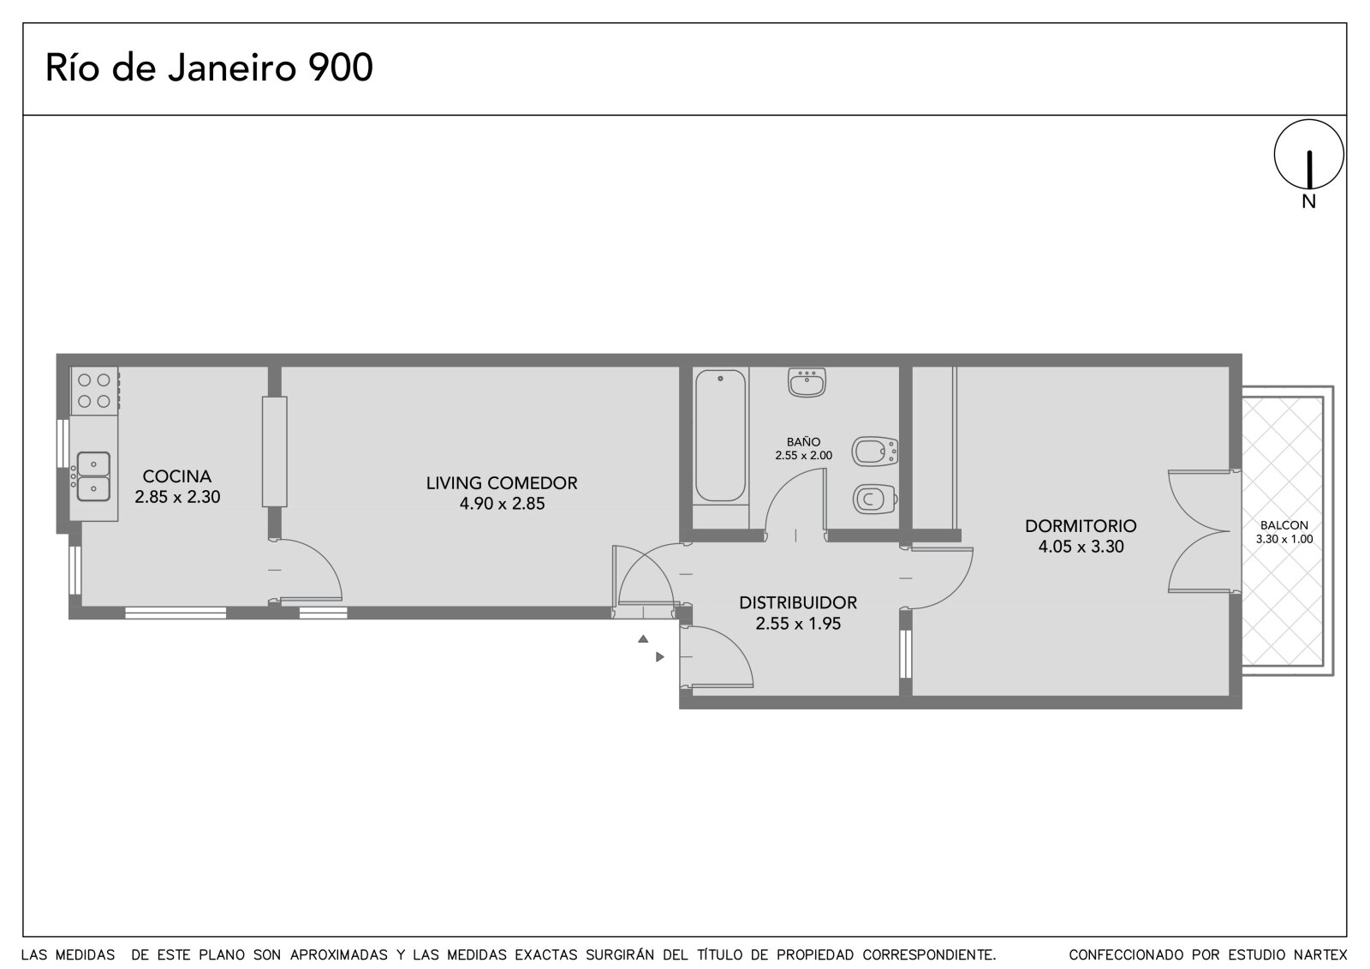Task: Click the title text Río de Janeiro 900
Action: tap(209, 68)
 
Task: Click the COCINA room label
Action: tap(177, 476)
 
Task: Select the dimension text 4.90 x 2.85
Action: tap(502, 504)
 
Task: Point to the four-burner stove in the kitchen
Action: tap(94, 391)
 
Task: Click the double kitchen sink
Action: tap(93, 477)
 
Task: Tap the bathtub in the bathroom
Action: tap(720, 436)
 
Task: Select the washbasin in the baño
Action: tap(807, 382)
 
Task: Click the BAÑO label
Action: tap(804, 441)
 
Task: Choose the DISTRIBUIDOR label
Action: tap(798, 603)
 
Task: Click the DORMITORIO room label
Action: tap(1081, 526)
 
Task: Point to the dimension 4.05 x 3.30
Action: tap(1081, 547)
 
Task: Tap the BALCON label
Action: tap(1284, 525)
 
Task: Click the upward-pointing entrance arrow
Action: tap(643, 639)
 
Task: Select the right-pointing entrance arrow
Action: tap(660, 657)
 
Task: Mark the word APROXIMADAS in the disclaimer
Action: tap(339, 955)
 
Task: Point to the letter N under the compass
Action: tap(1309, 201)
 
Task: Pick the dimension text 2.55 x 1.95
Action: tap(798, 624)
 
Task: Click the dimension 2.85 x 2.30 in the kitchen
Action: tap(177, 497)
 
